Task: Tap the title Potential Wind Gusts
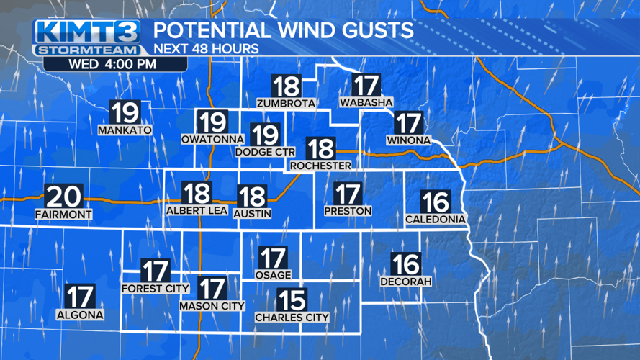pyautogui.click(x=284, y=30)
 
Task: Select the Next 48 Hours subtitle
pyautogui.click(x=206, y=49)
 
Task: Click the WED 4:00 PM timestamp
pyautogui.click(x=112, y=63)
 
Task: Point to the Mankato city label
pyautogui.click(x=125, y=130)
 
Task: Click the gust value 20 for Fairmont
pyautogui.click(x=63, y=197)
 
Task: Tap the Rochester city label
pyautogui.click(x=320, y=166)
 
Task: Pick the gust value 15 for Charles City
pyautogui.click(x=292, y=300)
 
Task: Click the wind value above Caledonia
pyautogui.click(x=435, y=202)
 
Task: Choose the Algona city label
pyautogui.click(x=80, y=315)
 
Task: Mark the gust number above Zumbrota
pyautogui.click(x=287, y=86)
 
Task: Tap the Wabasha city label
pyautogui.click(x=365, y=103)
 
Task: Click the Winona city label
pyautogui.click(x=408, y=140)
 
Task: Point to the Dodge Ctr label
pyautogui.click(x=264, y=152)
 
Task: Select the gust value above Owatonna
pyautogui.click(x=212, y=122)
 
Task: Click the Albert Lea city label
pyautogui.click(x=197, y=211)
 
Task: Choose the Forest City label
pyautogui.click(x=155, y=289)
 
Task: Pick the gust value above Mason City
pyautogui.click(x=212, y=289)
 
